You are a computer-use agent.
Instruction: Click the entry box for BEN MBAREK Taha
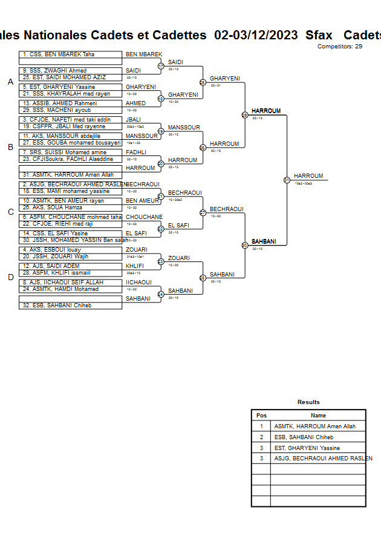pos(70,54)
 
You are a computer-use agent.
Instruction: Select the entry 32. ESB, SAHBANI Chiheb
pos(70,305)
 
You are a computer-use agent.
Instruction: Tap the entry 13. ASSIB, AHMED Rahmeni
pos(70,103)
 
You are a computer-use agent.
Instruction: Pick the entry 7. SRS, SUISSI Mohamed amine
pos(70,152)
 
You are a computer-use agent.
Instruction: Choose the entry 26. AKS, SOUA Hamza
pos(70,207)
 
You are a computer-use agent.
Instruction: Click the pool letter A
pos(10,82)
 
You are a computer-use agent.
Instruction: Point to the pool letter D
pos(10,278)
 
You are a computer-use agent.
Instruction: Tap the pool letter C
pos(10,212)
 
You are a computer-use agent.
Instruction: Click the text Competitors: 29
pos(340,47)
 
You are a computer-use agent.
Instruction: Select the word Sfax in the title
pos(319,35)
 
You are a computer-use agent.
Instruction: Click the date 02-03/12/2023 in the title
pos(256,35)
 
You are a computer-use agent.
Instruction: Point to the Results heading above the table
pos(308,402)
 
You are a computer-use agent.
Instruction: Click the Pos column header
pos(261,416)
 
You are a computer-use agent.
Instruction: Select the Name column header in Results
pos(318,416)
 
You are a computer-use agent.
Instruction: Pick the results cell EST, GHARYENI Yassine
pos(307,448)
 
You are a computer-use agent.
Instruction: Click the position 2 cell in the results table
pos(261,437)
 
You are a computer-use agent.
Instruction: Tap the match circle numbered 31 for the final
pos(287,180)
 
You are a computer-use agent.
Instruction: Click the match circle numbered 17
pos(161,66)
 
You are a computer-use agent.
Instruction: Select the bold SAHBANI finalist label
pos(264,241)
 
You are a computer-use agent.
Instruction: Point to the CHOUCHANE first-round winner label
pos(144,217)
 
